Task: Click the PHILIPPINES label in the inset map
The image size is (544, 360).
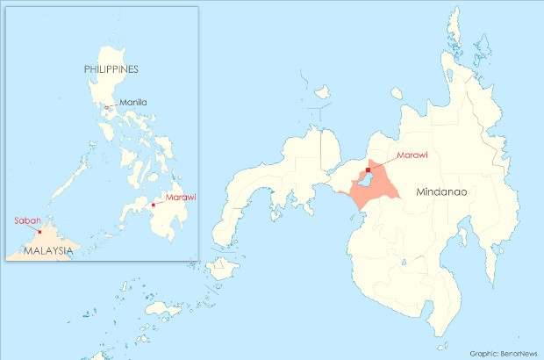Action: (111, 68)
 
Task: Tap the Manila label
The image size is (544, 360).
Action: (134, 103)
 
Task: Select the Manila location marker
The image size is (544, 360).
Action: (107, 107)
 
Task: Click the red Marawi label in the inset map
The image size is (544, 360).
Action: (180, 198)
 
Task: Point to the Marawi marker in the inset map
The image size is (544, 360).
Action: (153, 205)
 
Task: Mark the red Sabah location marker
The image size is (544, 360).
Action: (40, 232)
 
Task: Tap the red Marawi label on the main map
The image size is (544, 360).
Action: (412, 155)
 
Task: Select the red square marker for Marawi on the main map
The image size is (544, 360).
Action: (368, 170)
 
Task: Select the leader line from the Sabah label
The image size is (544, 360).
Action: (36, 227)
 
